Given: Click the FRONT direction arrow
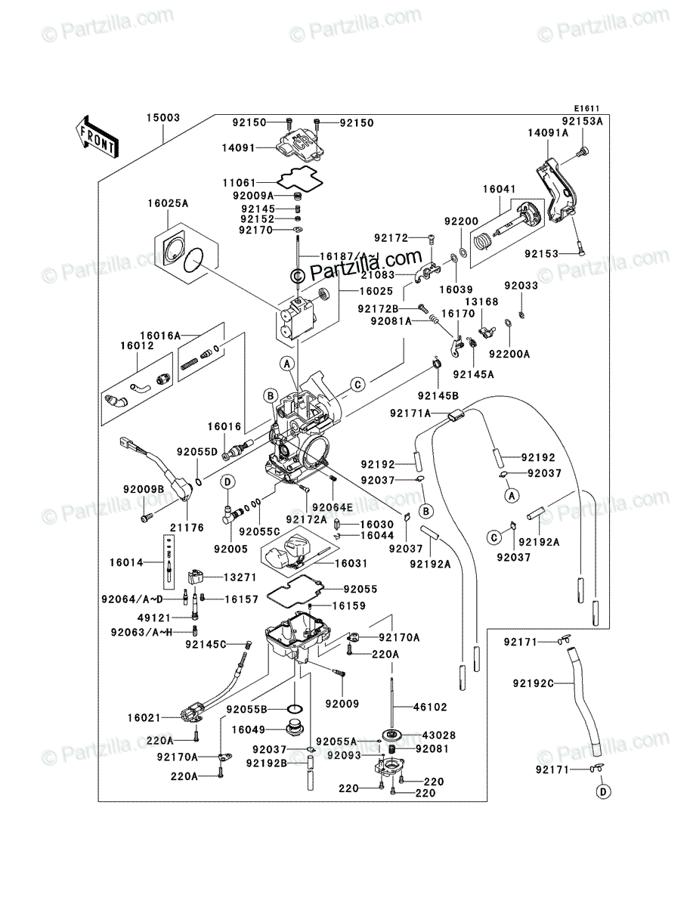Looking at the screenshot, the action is (x=97, y=136).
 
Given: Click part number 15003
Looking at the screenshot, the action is (x=163, y=118).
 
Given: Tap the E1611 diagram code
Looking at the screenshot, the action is (x=586, y=109).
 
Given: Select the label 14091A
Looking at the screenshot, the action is (x=548, y=133).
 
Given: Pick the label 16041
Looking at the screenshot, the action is (x=500, y=189).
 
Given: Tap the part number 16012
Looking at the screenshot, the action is (x=137, y=345).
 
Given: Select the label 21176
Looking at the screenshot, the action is (x=187, y=528).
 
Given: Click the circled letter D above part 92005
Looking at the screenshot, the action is (x=227, y=481).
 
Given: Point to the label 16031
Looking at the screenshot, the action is (x=351, y=563).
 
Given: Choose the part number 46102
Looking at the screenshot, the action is (x=430, y=707).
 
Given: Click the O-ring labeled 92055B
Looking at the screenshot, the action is (x=295, y=710).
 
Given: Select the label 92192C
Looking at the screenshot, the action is (x=534, y=683).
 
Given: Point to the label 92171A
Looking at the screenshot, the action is (x=410, y=413).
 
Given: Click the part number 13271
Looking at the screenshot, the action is (x=240, y=577).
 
